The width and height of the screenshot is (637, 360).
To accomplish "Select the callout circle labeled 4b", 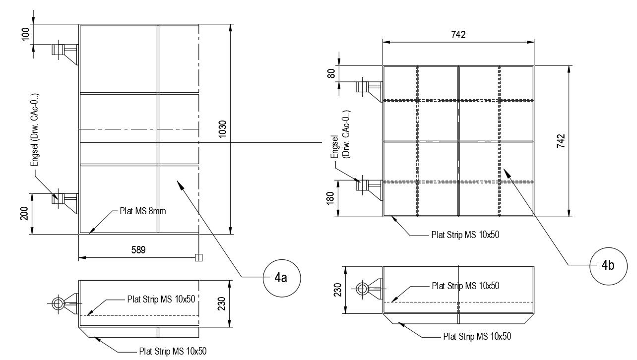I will tap(608, 266).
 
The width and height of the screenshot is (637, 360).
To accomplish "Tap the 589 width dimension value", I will tap(138, 250).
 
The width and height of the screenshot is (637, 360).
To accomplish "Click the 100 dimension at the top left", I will tap(26, 34).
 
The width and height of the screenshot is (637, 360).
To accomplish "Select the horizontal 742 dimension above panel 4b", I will tap(458, 35).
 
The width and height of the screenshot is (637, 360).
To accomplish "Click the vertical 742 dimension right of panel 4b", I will tap(561, 141).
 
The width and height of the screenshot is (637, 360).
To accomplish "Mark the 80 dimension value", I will tap(331, 74).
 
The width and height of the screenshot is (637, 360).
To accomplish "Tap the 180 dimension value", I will tap(331, 198).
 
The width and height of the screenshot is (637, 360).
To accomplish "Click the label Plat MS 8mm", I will tap(142, 211).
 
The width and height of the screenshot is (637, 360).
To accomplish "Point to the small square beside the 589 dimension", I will tap(198, 257).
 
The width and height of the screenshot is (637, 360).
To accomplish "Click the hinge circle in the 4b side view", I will tap(362, 289).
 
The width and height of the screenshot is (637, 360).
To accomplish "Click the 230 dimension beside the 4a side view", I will tap(222, 303).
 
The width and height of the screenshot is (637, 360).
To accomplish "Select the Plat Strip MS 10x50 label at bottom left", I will tap(172, 351).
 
